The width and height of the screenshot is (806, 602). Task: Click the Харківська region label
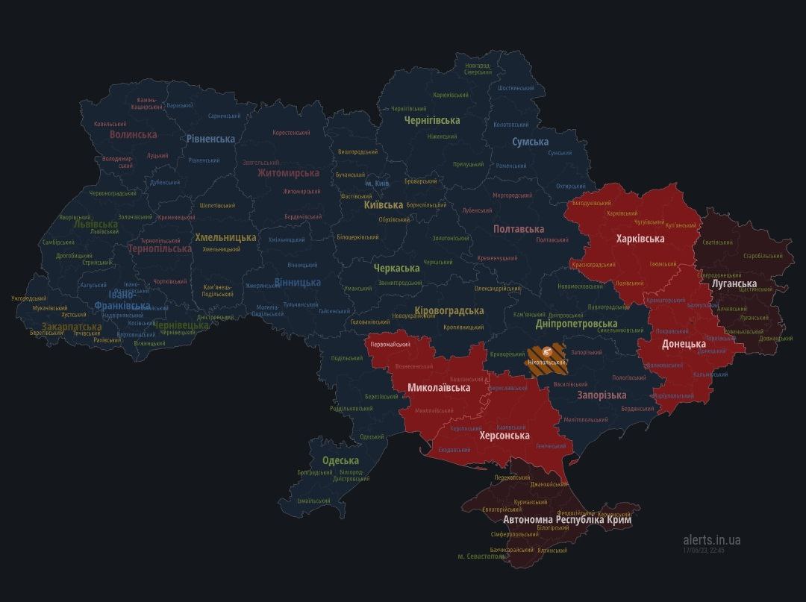(x=640, y=239)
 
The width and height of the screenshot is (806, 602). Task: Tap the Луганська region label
(x=734, y=283)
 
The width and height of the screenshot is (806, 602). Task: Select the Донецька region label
(x=684, y=344)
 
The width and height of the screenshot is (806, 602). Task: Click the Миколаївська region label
(x=439, y=388)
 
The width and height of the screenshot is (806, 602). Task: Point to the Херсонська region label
(x=504, y=435)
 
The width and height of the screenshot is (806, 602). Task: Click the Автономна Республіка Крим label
(x=567, y=519)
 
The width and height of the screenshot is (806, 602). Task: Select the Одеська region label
(x=340, y=460)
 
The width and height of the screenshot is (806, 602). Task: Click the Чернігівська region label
(x=432, y=120)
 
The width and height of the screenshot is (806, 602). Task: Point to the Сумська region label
(x=530, y=142)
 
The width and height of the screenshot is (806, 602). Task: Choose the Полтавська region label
(x=518, y=229)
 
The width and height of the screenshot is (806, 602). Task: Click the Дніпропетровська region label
(x=576, y=324)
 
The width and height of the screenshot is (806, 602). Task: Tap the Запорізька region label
(x=602, y=395)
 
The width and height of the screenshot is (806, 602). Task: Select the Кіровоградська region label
(x=449, y=310)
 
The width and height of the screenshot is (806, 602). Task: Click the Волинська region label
(x=133, y=135)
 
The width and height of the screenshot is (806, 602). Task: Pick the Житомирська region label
(x=288, y=173)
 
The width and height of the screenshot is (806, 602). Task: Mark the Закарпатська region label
(x=72, y=327)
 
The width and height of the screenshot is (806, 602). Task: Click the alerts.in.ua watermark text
(x=711, y=539)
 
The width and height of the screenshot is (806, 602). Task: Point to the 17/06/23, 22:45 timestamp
(x=703, y=551)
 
